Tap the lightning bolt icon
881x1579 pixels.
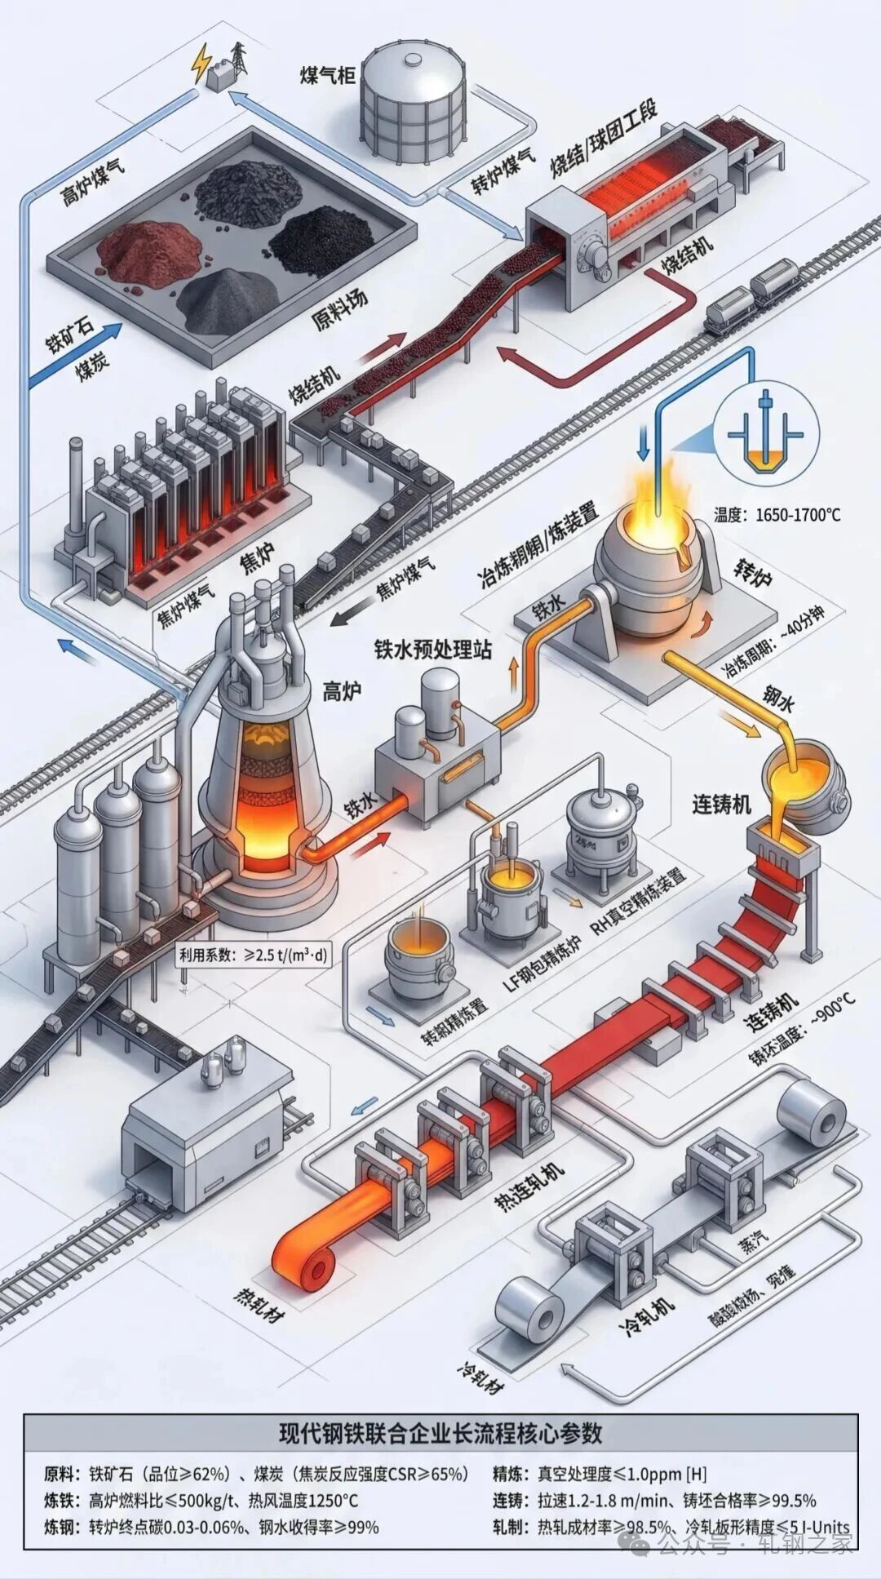(x=200, y=62)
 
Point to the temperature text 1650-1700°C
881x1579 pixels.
(x=777, y=515)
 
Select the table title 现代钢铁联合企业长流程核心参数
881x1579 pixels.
(x=440, y=1432)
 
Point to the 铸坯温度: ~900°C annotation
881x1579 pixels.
(x=803, y=1031)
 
